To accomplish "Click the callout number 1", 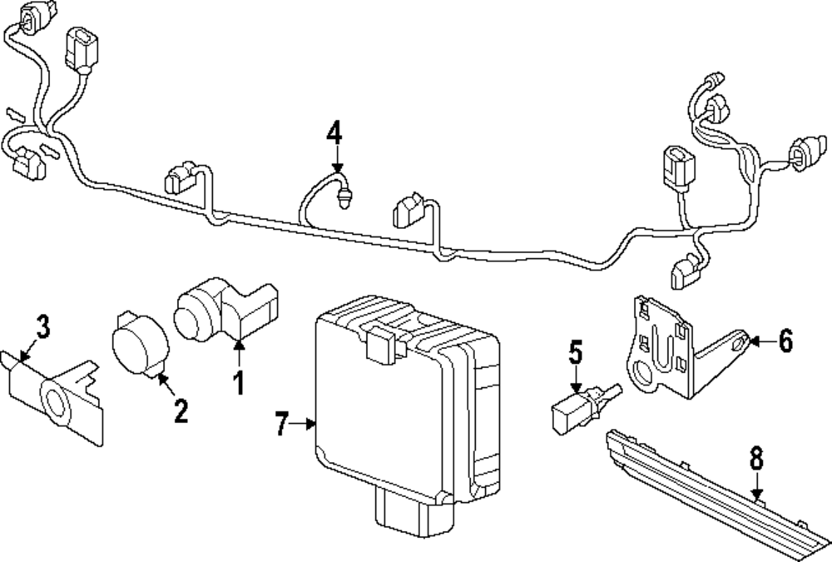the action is point(240,382).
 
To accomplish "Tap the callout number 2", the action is point(181,410).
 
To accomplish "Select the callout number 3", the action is point(43,326).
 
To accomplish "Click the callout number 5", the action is point(577,353).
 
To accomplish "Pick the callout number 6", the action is point(786,341).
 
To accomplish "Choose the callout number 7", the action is point(282,424).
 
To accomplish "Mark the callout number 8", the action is point(756,459).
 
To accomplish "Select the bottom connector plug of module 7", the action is point(414,509).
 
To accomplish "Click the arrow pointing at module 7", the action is point(303,424).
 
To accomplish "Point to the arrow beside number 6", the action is point(762,341).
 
